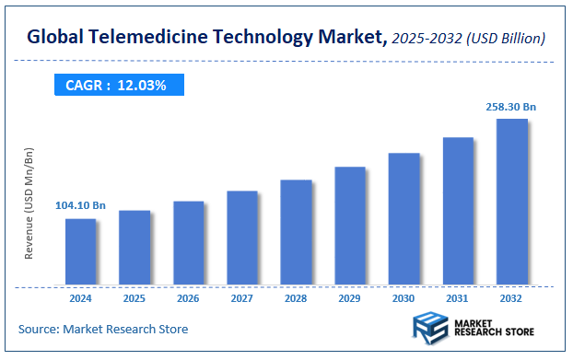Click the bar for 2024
coord(80,251)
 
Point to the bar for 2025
coord(134,248)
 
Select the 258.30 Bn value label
coord(511,107)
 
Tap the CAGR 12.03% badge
coord(116,86)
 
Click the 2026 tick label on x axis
coord(188,298)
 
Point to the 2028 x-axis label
coord(296,298)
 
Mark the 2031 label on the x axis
coord(458,298)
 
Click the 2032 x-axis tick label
coord(512,298)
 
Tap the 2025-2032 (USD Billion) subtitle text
coord(468,39)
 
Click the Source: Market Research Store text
coord(102,329)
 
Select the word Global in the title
coord(54,38)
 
